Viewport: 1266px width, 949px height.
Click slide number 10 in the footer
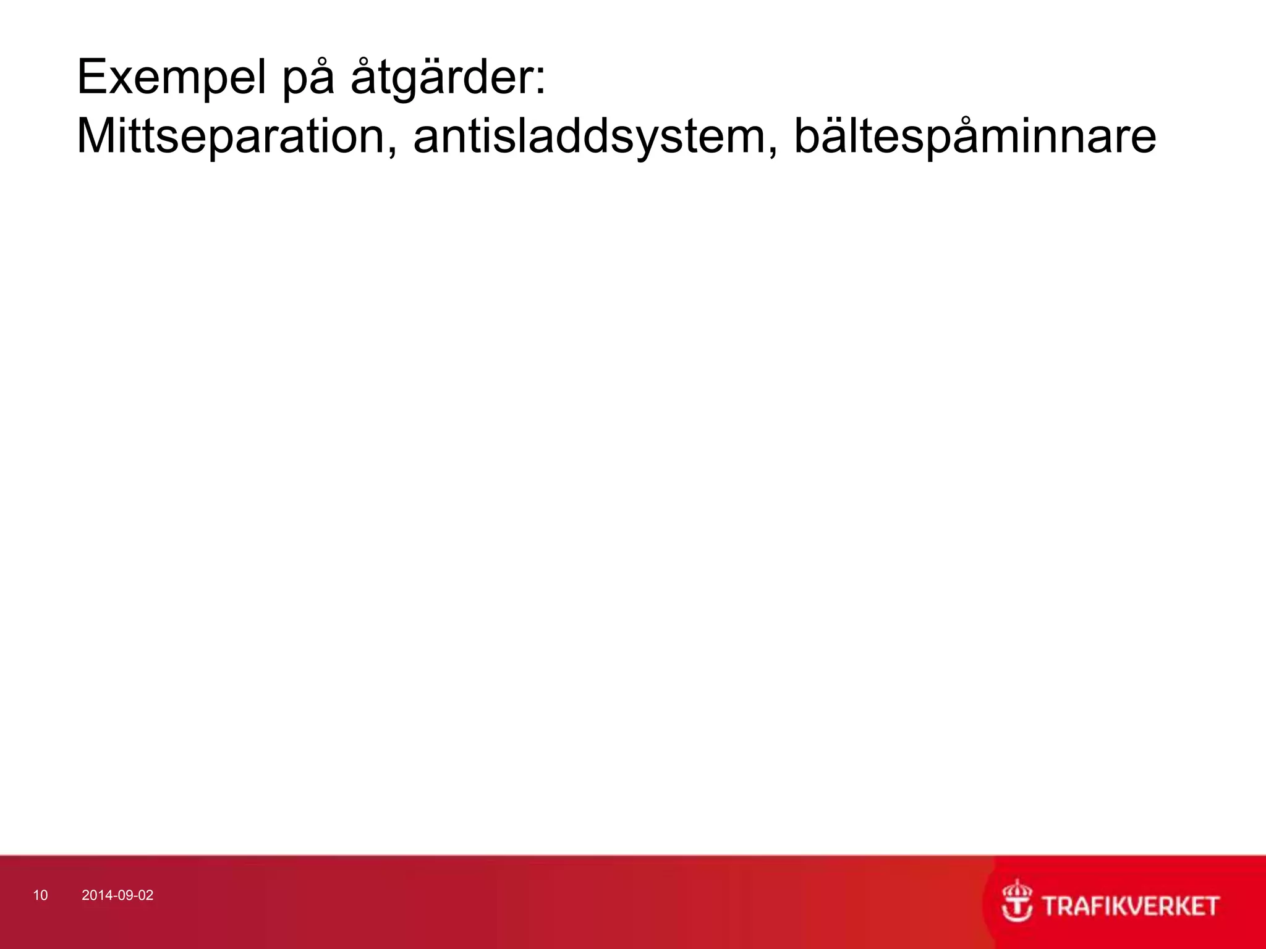click(40, 896)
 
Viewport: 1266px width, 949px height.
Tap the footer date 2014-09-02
click(117, 896)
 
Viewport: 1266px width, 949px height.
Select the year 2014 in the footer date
click(95, 896)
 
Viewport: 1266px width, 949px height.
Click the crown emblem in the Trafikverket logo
click(1017, 901)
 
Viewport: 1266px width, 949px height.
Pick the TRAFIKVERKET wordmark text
click(1131, 906)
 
